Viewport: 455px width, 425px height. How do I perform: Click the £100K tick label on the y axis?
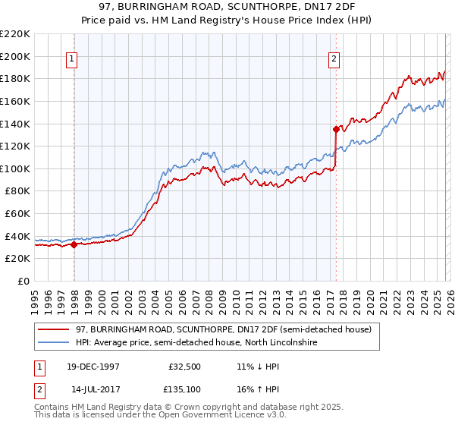(x=15, y=168)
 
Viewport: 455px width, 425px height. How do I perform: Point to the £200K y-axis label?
(x=15, y=56)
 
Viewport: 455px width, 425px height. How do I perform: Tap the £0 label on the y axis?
(x=24, y=281)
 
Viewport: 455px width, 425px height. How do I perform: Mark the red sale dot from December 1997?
(x=74, y=244)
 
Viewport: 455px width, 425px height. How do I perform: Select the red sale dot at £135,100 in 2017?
(x=336, y=129)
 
